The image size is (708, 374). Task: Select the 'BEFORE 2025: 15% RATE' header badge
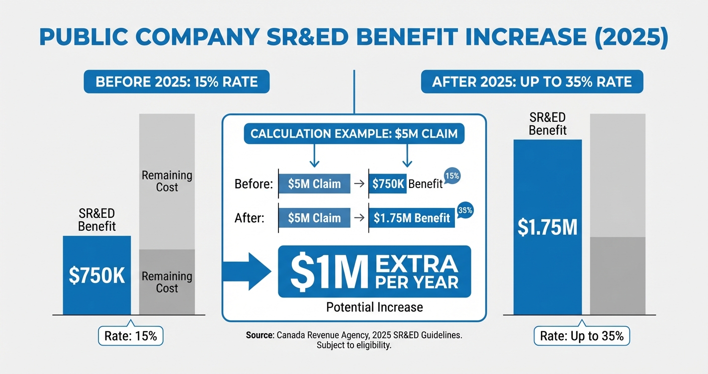coord(177,82)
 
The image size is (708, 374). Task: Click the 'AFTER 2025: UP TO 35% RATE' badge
coord(532,82)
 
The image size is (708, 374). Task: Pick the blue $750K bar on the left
coord(96,275)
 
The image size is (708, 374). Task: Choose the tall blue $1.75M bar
coord(547,227)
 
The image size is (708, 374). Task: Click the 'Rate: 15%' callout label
coord(130,336)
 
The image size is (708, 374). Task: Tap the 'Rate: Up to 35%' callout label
coord(582,336)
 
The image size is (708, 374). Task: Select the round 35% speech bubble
coord(464,210)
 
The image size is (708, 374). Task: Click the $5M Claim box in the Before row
coord(314,184)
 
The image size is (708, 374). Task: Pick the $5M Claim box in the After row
coord(314,218)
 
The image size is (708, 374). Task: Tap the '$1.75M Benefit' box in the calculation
coord(411,218)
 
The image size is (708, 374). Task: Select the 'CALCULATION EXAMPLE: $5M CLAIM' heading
coord(354,134)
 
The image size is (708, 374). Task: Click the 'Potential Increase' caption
coord(374,307)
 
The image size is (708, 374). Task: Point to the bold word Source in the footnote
coord(260,336)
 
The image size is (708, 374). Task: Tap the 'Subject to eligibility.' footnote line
coord(354,346)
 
